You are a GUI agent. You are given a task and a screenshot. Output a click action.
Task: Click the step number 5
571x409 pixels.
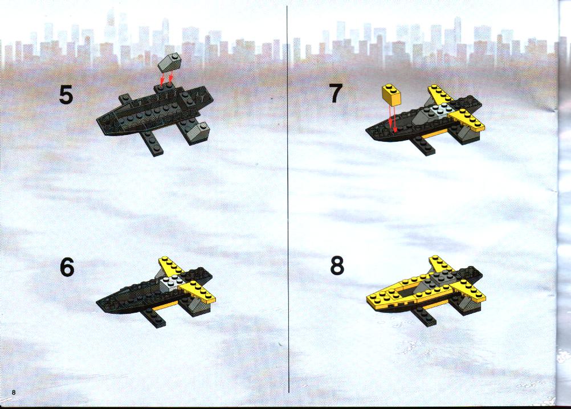(x=66, y=95)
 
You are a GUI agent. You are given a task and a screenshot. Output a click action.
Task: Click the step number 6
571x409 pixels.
(x=67, y=268)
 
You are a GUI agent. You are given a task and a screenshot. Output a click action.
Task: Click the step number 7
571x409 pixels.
(x=336, y=93)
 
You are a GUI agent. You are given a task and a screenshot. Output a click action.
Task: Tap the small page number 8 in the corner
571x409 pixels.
(x=14, y=392)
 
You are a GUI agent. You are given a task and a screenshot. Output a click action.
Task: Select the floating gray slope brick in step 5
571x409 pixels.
(x=170, y=63)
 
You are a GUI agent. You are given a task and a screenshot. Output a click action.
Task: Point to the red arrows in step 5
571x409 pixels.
(x=166, y=79)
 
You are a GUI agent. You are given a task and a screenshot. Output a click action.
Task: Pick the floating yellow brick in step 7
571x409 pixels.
(x=391, y=94)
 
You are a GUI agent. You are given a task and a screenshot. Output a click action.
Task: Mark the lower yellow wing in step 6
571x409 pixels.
(x=197, y=292)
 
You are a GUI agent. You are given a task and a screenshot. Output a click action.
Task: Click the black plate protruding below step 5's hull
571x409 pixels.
(x=153, y=143)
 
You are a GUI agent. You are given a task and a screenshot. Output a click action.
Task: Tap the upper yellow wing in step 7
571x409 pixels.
(x=441, y=95)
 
